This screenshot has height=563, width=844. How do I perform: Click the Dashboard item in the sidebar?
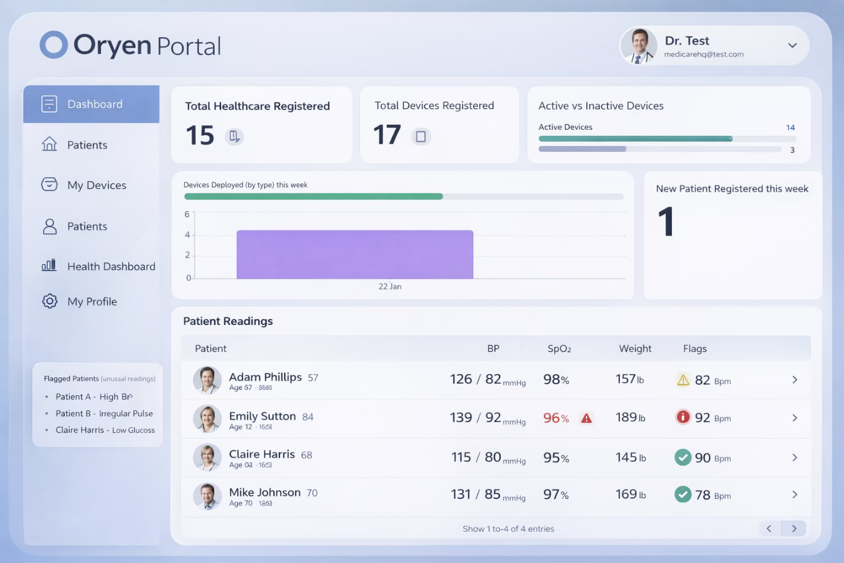pyautogui.click(x=92, y=104)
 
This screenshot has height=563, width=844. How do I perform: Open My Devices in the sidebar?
pyautogui.click(x=96, y=185)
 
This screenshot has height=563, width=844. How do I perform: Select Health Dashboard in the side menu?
pyautogui.click(x=111, y=266)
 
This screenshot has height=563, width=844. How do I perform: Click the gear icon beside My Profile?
pyautogui.click(x=50, y=301)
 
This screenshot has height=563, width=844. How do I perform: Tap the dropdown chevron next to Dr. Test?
pyautogui.click(x=792, y=45)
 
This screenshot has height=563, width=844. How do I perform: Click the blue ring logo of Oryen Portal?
pyautogui.click(x=54, y=45)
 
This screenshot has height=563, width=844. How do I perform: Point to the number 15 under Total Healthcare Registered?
pyautogui.click(x=200, y=135)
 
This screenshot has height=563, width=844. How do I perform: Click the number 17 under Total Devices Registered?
pyautogui.click(x=387, y=135)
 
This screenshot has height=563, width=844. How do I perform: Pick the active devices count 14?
pyautogui.click(x=790, y=127)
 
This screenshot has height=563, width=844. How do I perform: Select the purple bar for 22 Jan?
pyautogui.click(x=355, y=254)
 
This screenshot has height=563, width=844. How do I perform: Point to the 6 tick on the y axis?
pyautogui.click(x=187, y=214)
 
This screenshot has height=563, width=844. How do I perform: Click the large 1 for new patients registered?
pyautogui.click(x=666, y=222)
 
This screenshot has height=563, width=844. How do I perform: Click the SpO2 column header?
pyautogui.click(x=559, y=348)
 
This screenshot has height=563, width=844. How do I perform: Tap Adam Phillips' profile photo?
pyautogui.click(x=207, y=380)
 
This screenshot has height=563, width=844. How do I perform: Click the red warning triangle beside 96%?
pyautogui.click(x=586, y=419)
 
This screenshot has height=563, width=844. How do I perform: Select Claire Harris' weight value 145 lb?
pyautogui.click(x=630, y=457)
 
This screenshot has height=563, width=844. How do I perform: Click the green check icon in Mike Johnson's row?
pyautogui.click(x=682, y=494)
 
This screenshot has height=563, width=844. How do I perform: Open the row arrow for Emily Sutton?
pyautogui.click(x=794, y=418)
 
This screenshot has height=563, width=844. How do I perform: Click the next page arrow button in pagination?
pyautogui.click(x=794, y=529)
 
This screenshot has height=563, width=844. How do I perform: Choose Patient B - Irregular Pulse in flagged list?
pyautogui.click(x=104, y=413)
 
